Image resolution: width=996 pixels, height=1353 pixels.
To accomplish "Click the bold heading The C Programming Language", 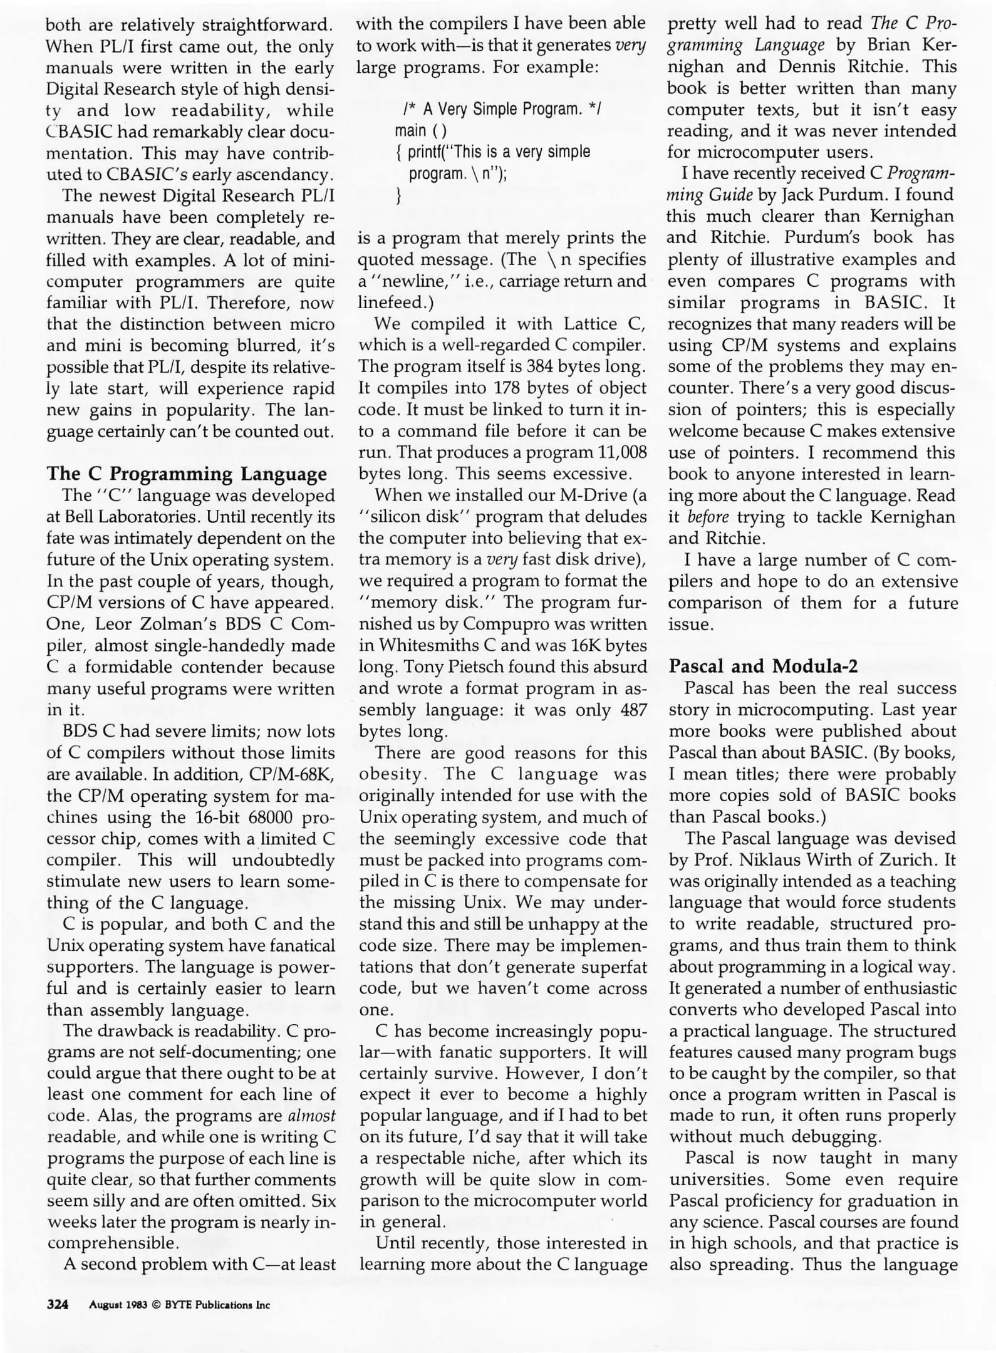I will click(187, 474).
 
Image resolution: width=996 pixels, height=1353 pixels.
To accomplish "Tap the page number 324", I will click(58, 1305).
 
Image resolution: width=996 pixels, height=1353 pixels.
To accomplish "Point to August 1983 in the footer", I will click(117, 1305).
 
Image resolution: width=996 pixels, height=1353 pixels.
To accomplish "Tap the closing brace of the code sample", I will click(399, 196).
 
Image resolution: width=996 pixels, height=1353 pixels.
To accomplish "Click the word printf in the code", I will click(426, 152).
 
